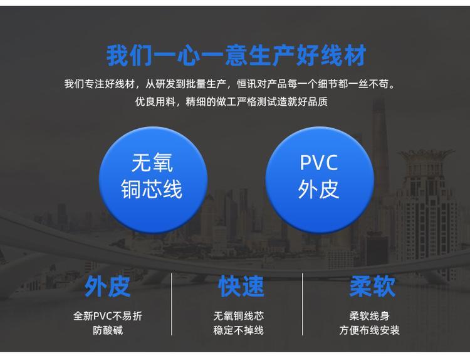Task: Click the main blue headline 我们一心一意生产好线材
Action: (236, 56)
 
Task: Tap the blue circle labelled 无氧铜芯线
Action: (153, 180)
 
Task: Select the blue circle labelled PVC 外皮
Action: (320, 180)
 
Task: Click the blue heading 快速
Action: (241, 287)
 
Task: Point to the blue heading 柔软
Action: (372, 287)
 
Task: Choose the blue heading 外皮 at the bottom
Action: (107, 287)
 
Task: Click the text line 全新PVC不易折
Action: (108, 316)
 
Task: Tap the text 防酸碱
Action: (108, 330)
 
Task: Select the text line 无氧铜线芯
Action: (239, 316)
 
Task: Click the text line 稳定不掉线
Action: (239, 330)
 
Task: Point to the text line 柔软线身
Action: (369, 316)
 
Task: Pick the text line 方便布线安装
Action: (369, 330)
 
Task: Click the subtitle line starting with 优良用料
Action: (231, 102)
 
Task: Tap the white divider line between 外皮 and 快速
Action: (172, 304)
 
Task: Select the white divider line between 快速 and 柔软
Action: (303, 304)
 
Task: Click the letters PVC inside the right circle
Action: (319, 163)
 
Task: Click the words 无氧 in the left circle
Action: (152, 163)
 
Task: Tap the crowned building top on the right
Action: (426, 159)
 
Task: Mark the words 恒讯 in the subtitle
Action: (247, 84)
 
